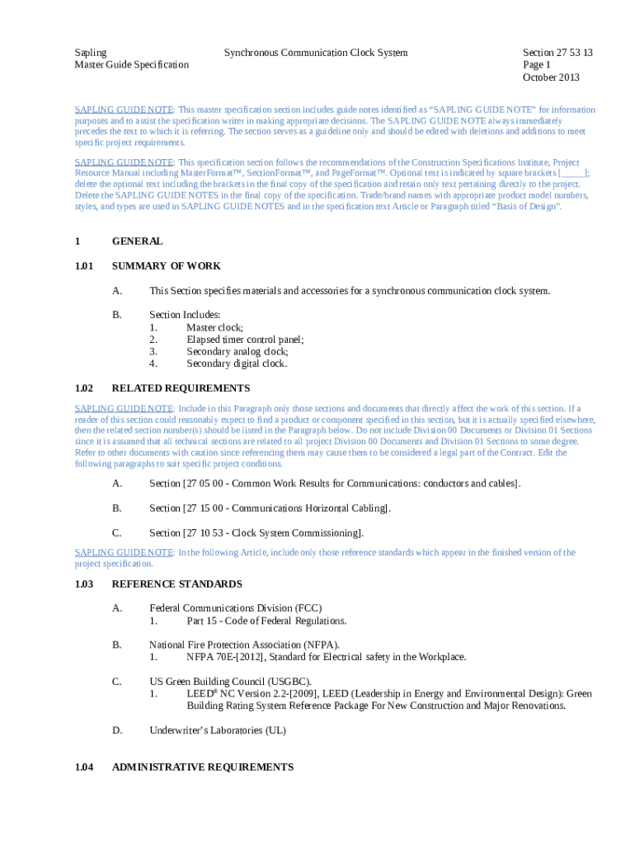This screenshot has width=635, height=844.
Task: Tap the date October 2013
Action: tap(551, 77)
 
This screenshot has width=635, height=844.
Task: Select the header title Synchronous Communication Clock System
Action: tap(316, 53)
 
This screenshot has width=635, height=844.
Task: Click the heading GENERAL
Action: tap(137, 241)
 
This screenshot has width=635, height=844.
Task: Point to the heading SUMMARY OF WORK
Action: tap(166, 266)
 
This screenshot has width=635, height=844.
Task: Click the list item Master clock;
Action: tap(214, 327)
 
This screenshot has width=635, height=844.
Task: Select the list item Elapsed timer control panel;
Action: tap(245, 340)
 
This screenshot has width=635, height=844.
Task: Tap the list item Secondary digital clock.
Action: tap(237, 363)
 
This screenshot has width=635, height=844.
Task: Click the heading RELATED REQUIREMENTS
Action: tap(181, 388)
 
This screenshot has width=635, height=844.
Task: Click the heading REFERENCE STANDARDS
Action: tap(176, 584)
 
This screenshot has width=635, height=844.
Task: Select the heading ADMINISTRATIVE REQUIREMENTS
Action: tap(202, 767)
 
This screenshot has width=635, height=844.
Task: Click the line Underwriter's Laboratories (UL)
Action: tap(217, 730)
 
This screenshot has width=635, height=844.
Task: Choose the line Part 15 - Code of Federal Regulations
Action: tap(266, 621)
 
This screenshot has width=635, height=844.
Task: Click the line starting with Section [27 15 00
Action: tap(270, 508)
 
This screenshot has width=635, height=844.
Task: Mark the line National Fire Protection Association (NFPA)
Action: tap(244, 645)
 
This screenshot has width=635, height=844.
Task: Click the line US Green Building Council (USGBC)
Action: tap(230, 682)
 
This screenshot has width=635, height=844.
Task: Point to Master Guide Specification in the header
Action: tap(131, 65)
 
